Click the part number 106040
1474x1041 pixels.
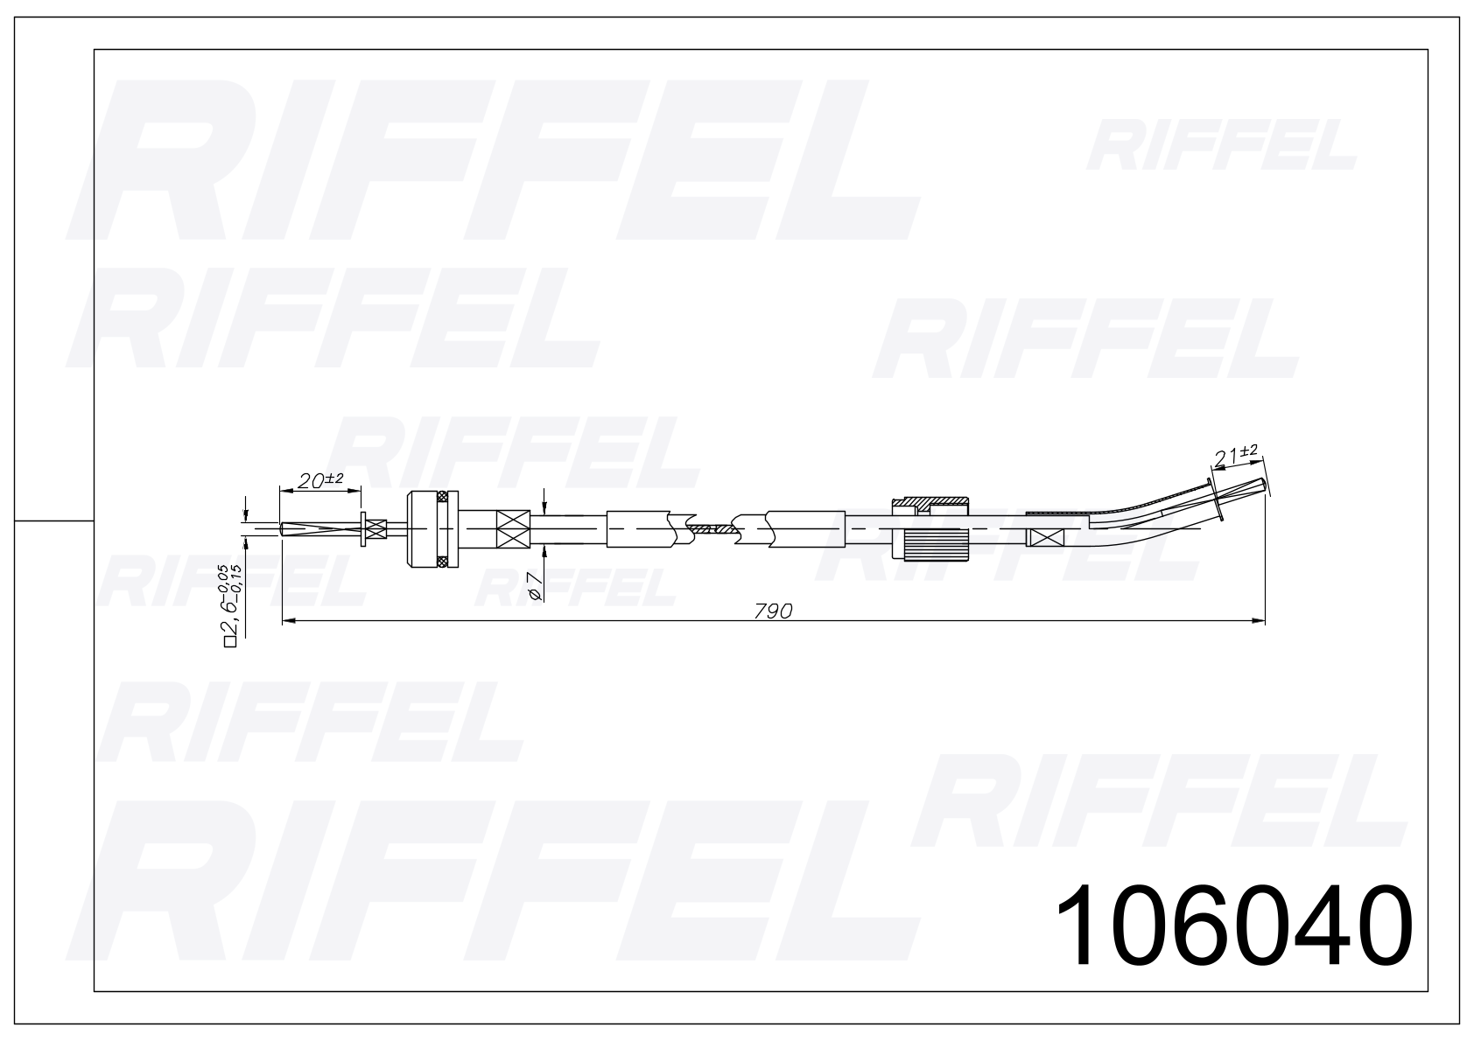[x=1234, y=925]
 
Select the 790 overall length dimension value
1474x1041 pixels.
[x=773, y=611]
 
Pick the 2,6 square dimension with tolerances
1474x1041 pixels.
[x=233, y=605]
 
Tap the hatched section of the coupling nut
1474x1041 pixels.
[x=930, y=505]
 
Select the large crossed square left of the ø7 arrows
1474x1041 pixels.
[x=513, y=529]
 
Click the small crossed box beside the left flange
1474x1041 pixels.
[x=376, y=529]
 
